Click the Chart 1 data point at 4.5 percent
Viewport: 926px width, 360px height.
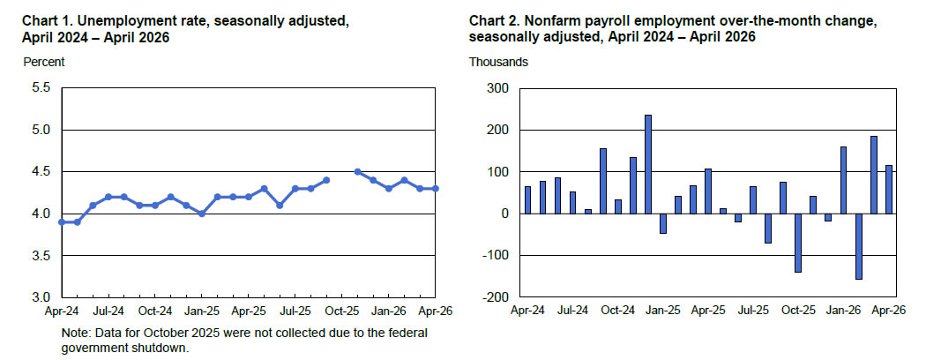(357, 171)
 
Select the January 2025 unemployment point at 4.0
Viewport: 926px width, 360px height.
(202, 214)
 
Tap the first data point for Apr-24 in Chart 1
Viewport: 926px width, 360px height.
(62, 221)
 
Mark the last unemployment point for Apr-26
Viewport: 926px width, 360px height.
(436, 189)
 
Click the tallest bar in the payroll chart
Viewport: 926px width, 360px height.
(648, 164)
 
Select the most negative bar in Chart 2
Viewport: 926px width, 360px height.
(859, 246)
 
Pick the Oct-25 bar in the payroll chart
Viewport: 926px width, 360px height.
(798, 243)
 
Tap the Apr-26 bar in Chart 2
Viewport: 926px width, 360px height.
(888, 189)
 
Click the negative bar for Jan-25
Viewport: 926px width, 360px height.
(662, 223)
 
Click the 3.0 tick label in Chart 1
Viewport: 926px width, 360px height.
(42, 296)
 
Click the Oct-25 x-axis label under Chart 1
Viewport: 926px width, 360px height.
(342, 311)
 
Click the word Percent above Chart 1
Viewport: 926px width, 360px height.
(44, 62)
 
